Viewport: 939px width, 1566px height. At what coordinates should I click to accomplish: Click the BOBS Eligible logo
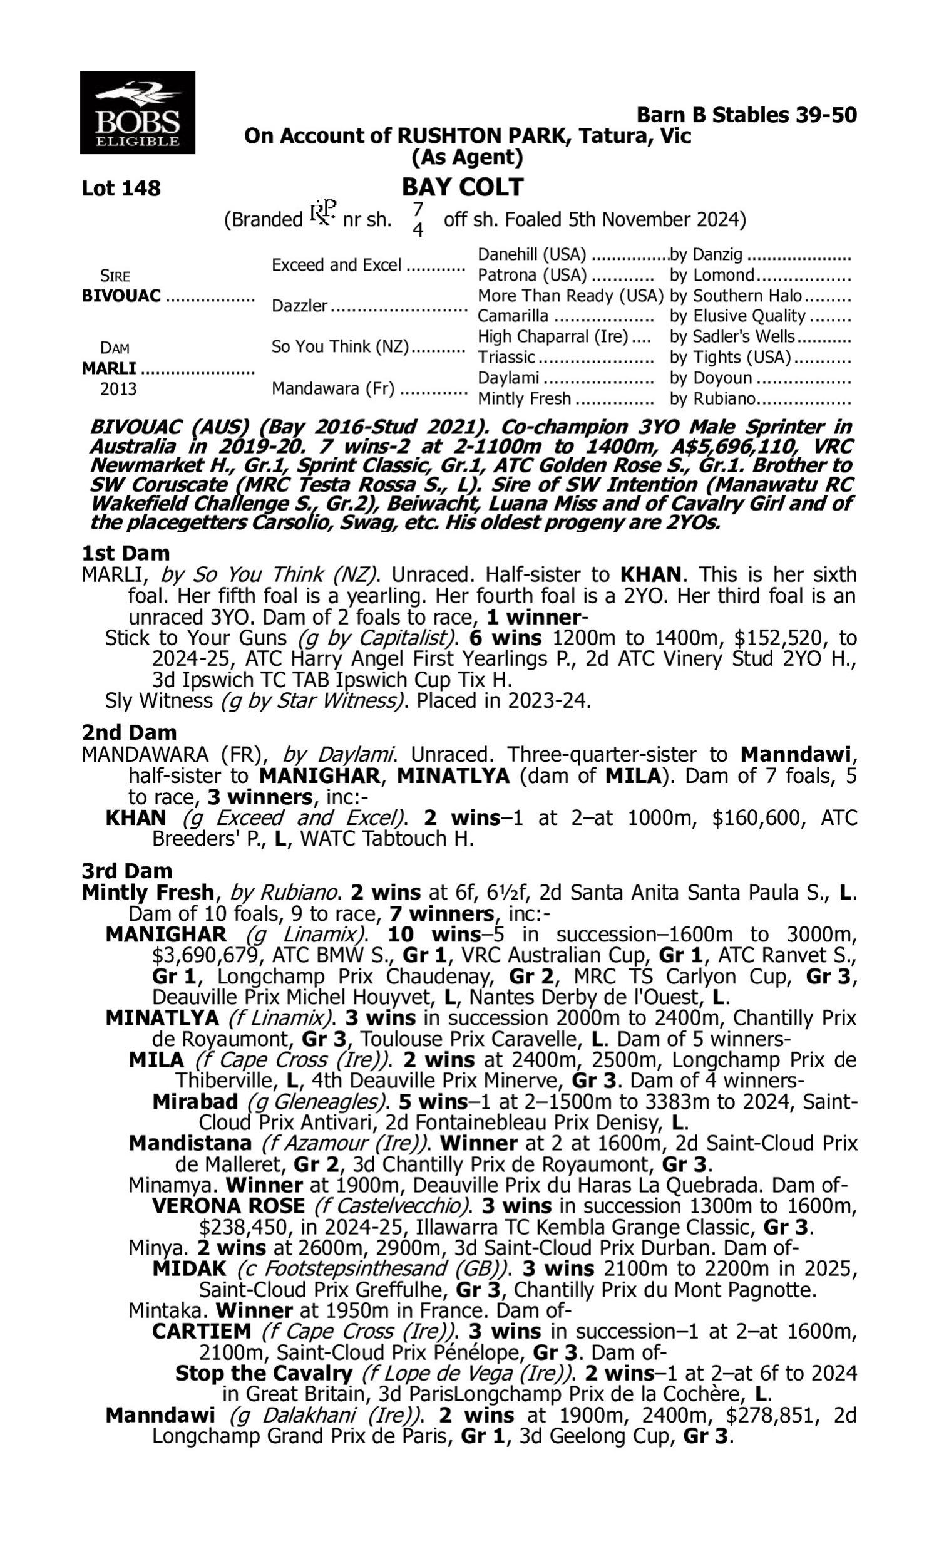pos(137,113)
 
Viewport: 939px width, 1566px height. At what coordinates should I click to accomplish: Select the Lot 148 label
pos(121,188)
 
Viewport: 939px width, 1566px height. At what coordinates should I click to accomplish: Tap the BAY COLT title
pos(463,187)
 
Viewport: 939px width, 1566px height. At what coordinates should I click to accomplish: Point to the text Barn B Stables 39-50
pos(746,115)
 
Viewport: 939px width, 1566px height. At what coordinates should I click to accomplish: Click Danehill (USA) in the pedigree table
pos(531,255)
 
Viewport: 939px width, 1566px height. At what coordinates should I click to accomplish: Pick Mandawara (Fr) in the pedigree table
pos(333,388)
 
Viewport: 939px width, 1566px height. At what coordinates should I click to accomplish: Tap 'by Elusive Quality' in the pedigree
pos(737,316)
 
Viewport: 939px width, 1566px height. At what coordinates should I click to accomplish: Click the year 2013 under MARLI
pos(118,388)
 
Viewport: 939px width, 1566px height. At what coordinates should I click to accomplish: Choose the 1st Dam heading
pos(125,553)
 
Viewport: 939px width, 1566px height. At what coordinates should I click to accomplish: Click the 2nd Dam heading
pos(128,732)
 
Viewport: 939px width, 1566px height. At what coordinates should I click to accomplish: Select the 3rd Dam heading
pos(126,871)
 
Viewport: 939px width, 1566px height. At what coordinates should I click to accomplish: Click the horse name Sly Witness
pos(158,701)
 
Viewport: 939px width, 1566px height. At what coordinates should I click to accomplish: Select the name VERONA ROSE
pos(228,1206)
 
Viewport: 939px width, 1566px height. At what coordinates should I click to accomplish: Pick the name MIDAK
pos(189,1268)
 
